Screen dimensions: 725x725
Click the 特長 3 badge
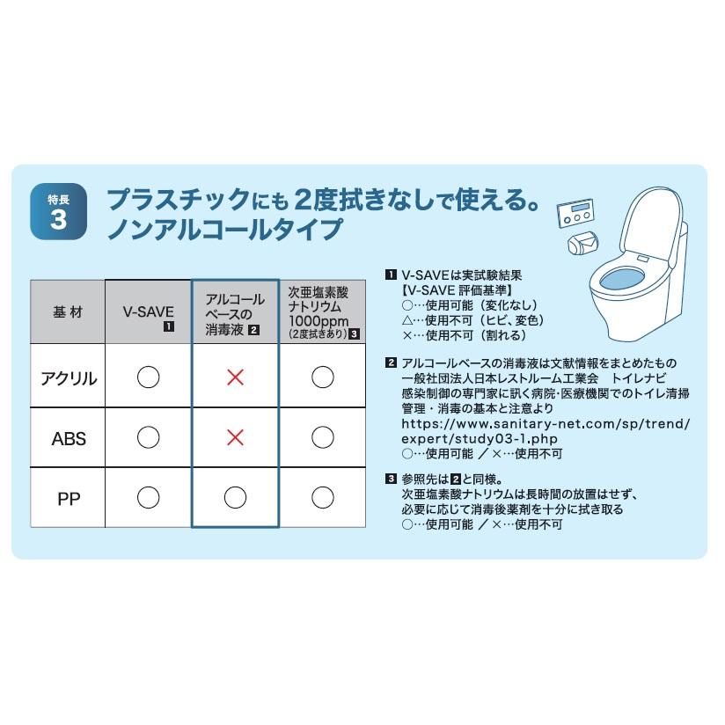[59, 213]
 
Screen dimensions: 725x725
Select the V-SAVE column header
[149, 311]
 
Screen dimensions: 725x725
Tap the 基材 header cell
[68, 312]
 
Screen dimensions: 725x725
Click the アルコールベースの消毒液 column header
[235, 312]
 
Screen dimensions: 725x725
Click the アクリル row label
[68, 377]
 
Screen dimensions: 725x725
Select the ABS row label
[68, 437]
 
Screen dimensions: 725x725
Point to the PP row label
[68, 498]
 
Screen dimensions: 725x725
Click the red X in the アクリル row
[235, 377]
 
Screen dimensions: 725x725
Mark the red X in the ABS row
[235, 437]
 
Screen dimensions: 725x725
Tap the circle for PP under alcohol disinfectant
[235, 498]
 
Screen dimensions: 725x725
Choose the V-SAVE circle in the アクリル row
[149, 377]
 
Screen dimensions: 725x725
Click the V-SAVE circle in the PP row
[149, 498]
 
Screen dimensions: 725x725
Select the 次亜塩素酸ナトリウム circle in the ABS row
[323, 437]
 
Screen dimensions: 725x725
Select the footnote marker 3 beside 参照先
[391, 480]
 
